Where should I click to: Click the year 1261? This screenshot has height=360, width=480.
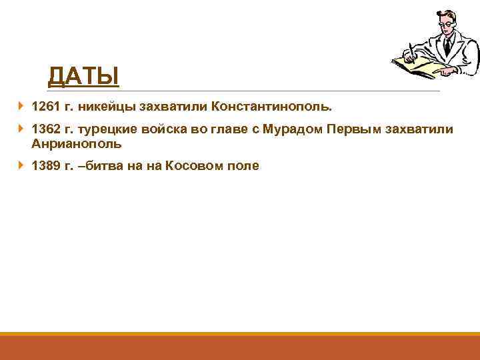tap(46, 107)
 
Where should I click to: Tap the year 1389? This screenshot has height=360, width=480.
tap(46, 166)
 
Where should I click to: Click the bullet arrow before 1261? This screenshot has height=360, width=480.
tap(21, 106)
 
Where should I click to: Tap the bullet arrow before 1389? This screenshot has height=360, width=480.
tap(21, 165)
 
